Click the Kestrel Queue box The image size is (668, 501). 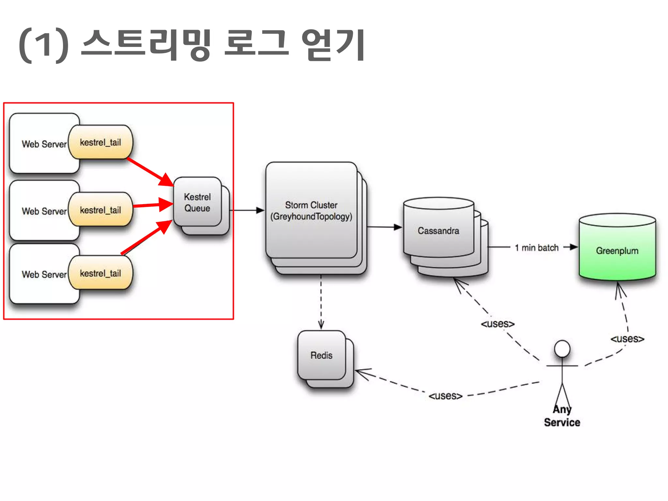tap(197, 202)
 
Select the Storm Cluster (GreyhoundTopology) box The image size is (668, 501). tap(311, 210)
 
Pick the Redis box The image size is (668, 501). tap(321, 355)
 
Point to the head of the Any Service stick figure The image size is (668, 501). tap(562, 349)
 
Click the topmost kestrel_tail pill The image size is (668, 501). tap(100, 142)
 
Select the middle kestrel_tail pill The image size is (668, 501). tap(100, 210)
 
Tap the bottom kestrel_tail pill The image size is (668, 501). tap(100, 273)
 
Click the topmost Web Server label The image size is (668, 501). tap(44, 144)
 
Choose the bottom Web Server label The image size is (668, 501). tap(44, 275)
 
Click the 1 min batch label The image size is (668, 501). tap(537, 248)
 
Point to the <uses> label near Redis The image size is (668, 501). tap(445, 396)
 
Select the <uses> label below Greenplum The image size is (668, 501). tap(627, 339)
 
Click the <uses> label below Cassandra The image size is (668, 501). tap(497, 324)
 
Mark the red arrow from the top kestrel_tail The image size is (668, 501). tap(148, 171)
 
